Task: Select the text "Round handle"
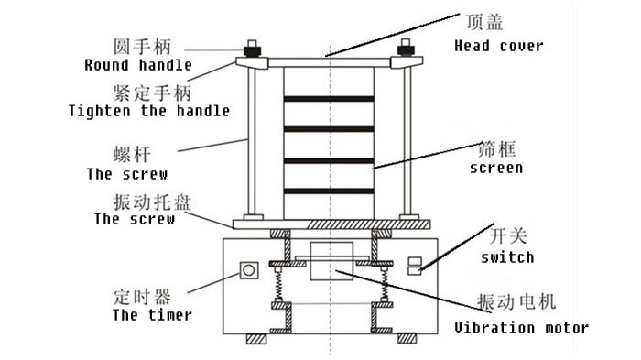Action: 138,65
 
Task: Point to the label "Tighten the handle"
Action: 148,111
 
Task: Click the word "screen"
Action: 495,168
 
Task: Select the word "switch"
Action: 506,257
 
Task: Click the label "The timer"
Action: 152,315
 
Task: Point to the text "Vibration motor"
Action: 522,327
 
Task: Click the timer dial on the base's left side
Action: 247,270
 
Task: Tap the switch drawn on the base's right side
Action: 414,266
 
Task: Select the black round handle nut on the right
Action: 405,49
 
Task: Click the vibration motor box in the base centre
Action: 329,264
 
